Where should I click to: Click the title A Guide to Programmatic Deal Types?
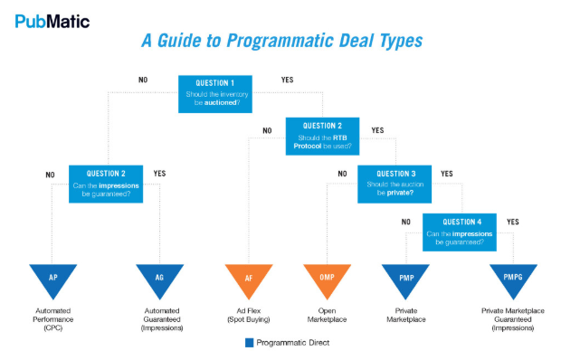tap(281, 41)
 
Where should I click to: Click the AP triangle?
tap(53, 279)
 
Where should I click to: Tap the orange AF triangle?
tap(249, 279)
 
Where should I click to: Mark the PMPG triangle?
tap(513, 279)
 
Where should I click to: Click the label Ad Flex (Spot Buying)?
tap(250, 315)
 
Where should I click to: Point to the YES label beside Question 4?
tap(513, 221)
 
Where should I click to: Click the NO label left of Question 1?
tap(143, 80)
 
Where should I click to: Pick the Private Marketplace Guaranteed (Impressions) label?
tap(513, 319)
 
